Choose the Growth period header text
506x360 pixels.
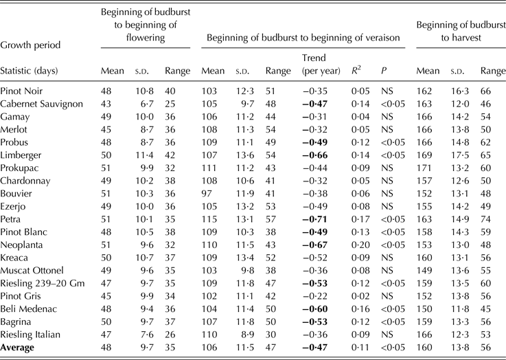coord(30,45)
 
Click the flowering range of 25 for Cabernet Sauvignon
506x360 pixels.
coord(172,103)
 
